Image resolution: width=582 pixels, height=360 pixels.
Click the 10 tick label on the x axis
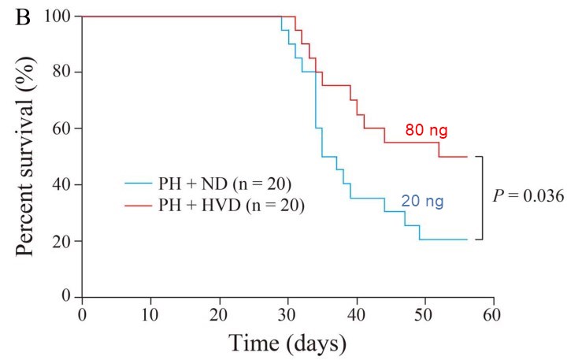150,313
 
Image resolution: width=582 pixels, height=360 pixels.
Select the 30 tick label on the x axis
287,313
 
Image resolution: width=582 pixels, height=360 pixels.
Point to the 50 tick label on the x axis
424,313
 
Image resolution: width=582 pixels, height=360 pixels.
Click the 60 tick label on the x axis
493,313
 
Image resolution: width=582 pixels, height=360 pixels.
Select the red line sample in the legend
140,206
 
